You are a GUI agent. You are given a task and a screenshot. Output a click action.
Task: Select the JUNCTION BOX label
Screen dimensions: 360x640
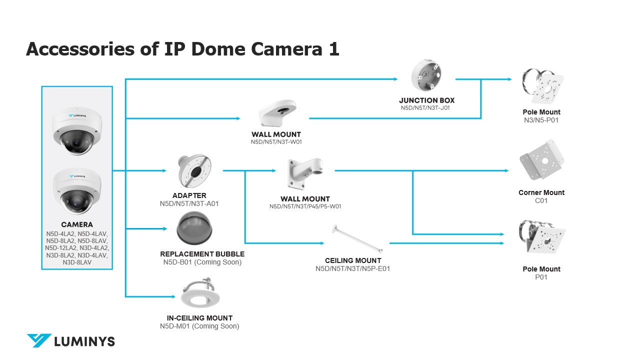426,100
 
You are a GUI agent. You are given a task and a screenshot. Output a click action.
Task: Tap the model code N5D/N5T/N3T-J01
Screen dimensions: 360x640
425,107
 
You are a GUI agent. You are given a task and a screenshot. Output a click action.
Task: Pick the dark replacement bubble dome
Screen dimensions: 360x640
194,228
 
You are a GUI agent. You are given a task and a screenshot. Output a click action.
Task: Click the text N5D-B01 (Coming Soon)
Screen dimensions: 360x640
202,262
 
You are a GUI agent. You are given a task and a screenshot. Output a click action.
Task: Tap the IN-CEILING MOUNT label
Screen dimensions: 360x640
199,318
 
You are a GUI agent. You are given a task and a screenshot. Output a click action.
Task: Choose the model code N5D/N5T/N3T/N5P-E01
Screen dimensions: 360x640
352,268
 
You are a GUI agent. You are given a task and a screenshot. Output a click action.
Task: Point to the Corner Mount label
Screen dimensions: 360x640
541,192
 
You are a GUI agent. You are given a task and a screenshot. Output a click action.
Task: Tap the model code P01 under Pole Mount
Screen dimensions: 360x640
541,277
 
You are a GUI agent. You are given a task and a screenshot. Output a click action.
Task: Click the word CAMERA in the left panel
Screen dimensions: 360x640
77,224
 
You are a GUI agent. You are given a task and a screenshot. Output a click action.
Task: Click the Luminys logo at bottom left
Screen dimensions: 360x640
70,341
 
